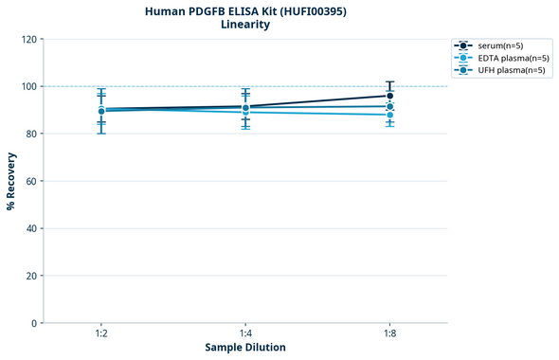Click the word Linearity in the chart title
pyautogui.click(x=245, y=25)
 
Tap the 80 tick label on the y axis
pyautogui.click(x=31, y=134)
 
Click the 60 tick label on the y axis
pyautogui.click(x=31, y=181)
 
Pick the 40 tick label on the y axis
pyautogui.click(x=31, y=228)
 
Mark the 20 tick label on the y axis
pyautogui.click(x=31, y=276)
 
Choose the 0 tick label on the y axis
pyautogui.click(x=34, y=323)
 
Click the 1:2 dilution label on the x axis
pyautogui.click(x=101, y=334)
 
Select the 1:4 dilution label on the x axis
pyautogui.click(x=245, y=334)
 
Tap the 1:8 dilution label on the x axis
pyautogui.click(x=389, y=334)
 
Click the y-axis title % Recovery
pyautogui.click(x=11, y=180)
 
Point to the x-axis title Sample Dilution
pyautogui.click(x=245, y=348)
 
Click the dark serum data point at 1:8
pyautogui.click(x=389, y=96)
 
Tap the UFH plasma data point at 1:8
pyautogui.click(x=389, y=106)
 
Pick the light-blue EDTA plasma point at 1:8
pyautogui.click(x=389, y=115)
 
